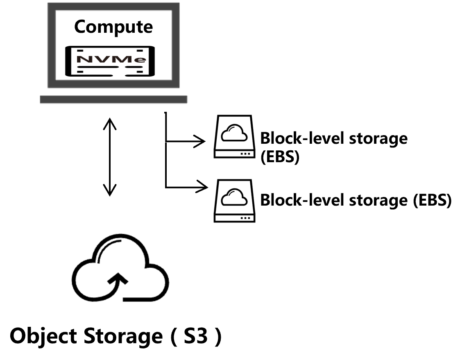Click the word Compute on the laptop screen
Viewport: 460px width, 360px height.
pos(113,27)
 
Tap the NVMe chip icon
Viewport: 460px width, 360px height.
pos(111,61)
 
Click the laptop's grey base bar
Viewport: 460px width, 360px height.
pos(113,99)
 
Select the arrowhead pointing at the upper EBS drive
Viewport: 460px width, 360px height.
pos(201,142)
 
